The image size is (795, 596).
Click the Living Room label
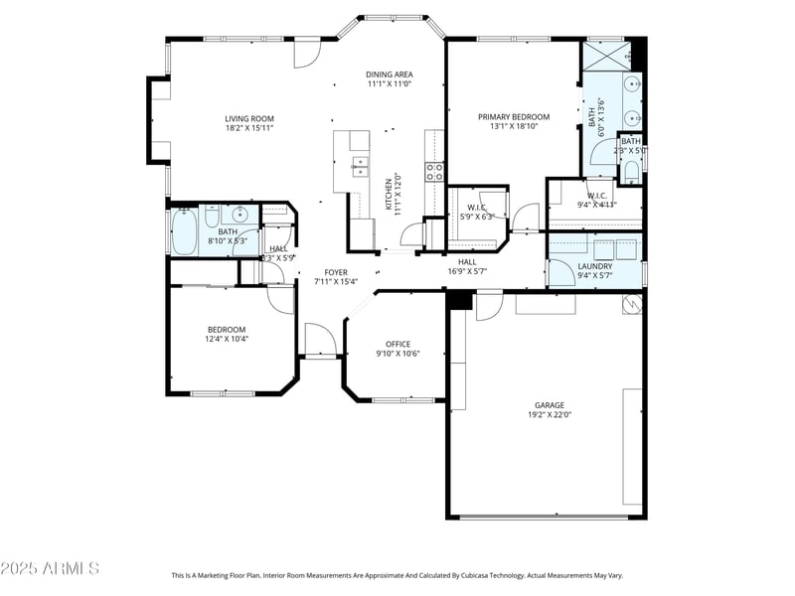pos(248,118)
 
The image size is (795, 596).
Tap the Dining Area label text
pos(390,74)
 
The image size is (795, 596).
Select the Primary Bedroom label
pos(513,117)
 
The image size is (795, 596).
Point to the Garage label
pos(549,405)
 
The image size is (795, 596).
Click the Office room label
pos(397,345)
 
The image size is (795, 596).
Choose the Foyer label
pos(336,272)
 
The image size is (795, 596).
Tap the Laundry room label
pos(595,266)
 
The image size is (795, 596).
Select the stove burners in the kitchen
pos(434,173)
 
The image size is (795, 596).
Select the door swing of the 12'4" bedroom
pos(280,298)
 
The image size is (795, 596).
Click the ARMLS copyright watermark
pos(50,568)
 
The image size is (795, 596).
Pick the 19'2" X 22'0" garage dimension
pos(549,416)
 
